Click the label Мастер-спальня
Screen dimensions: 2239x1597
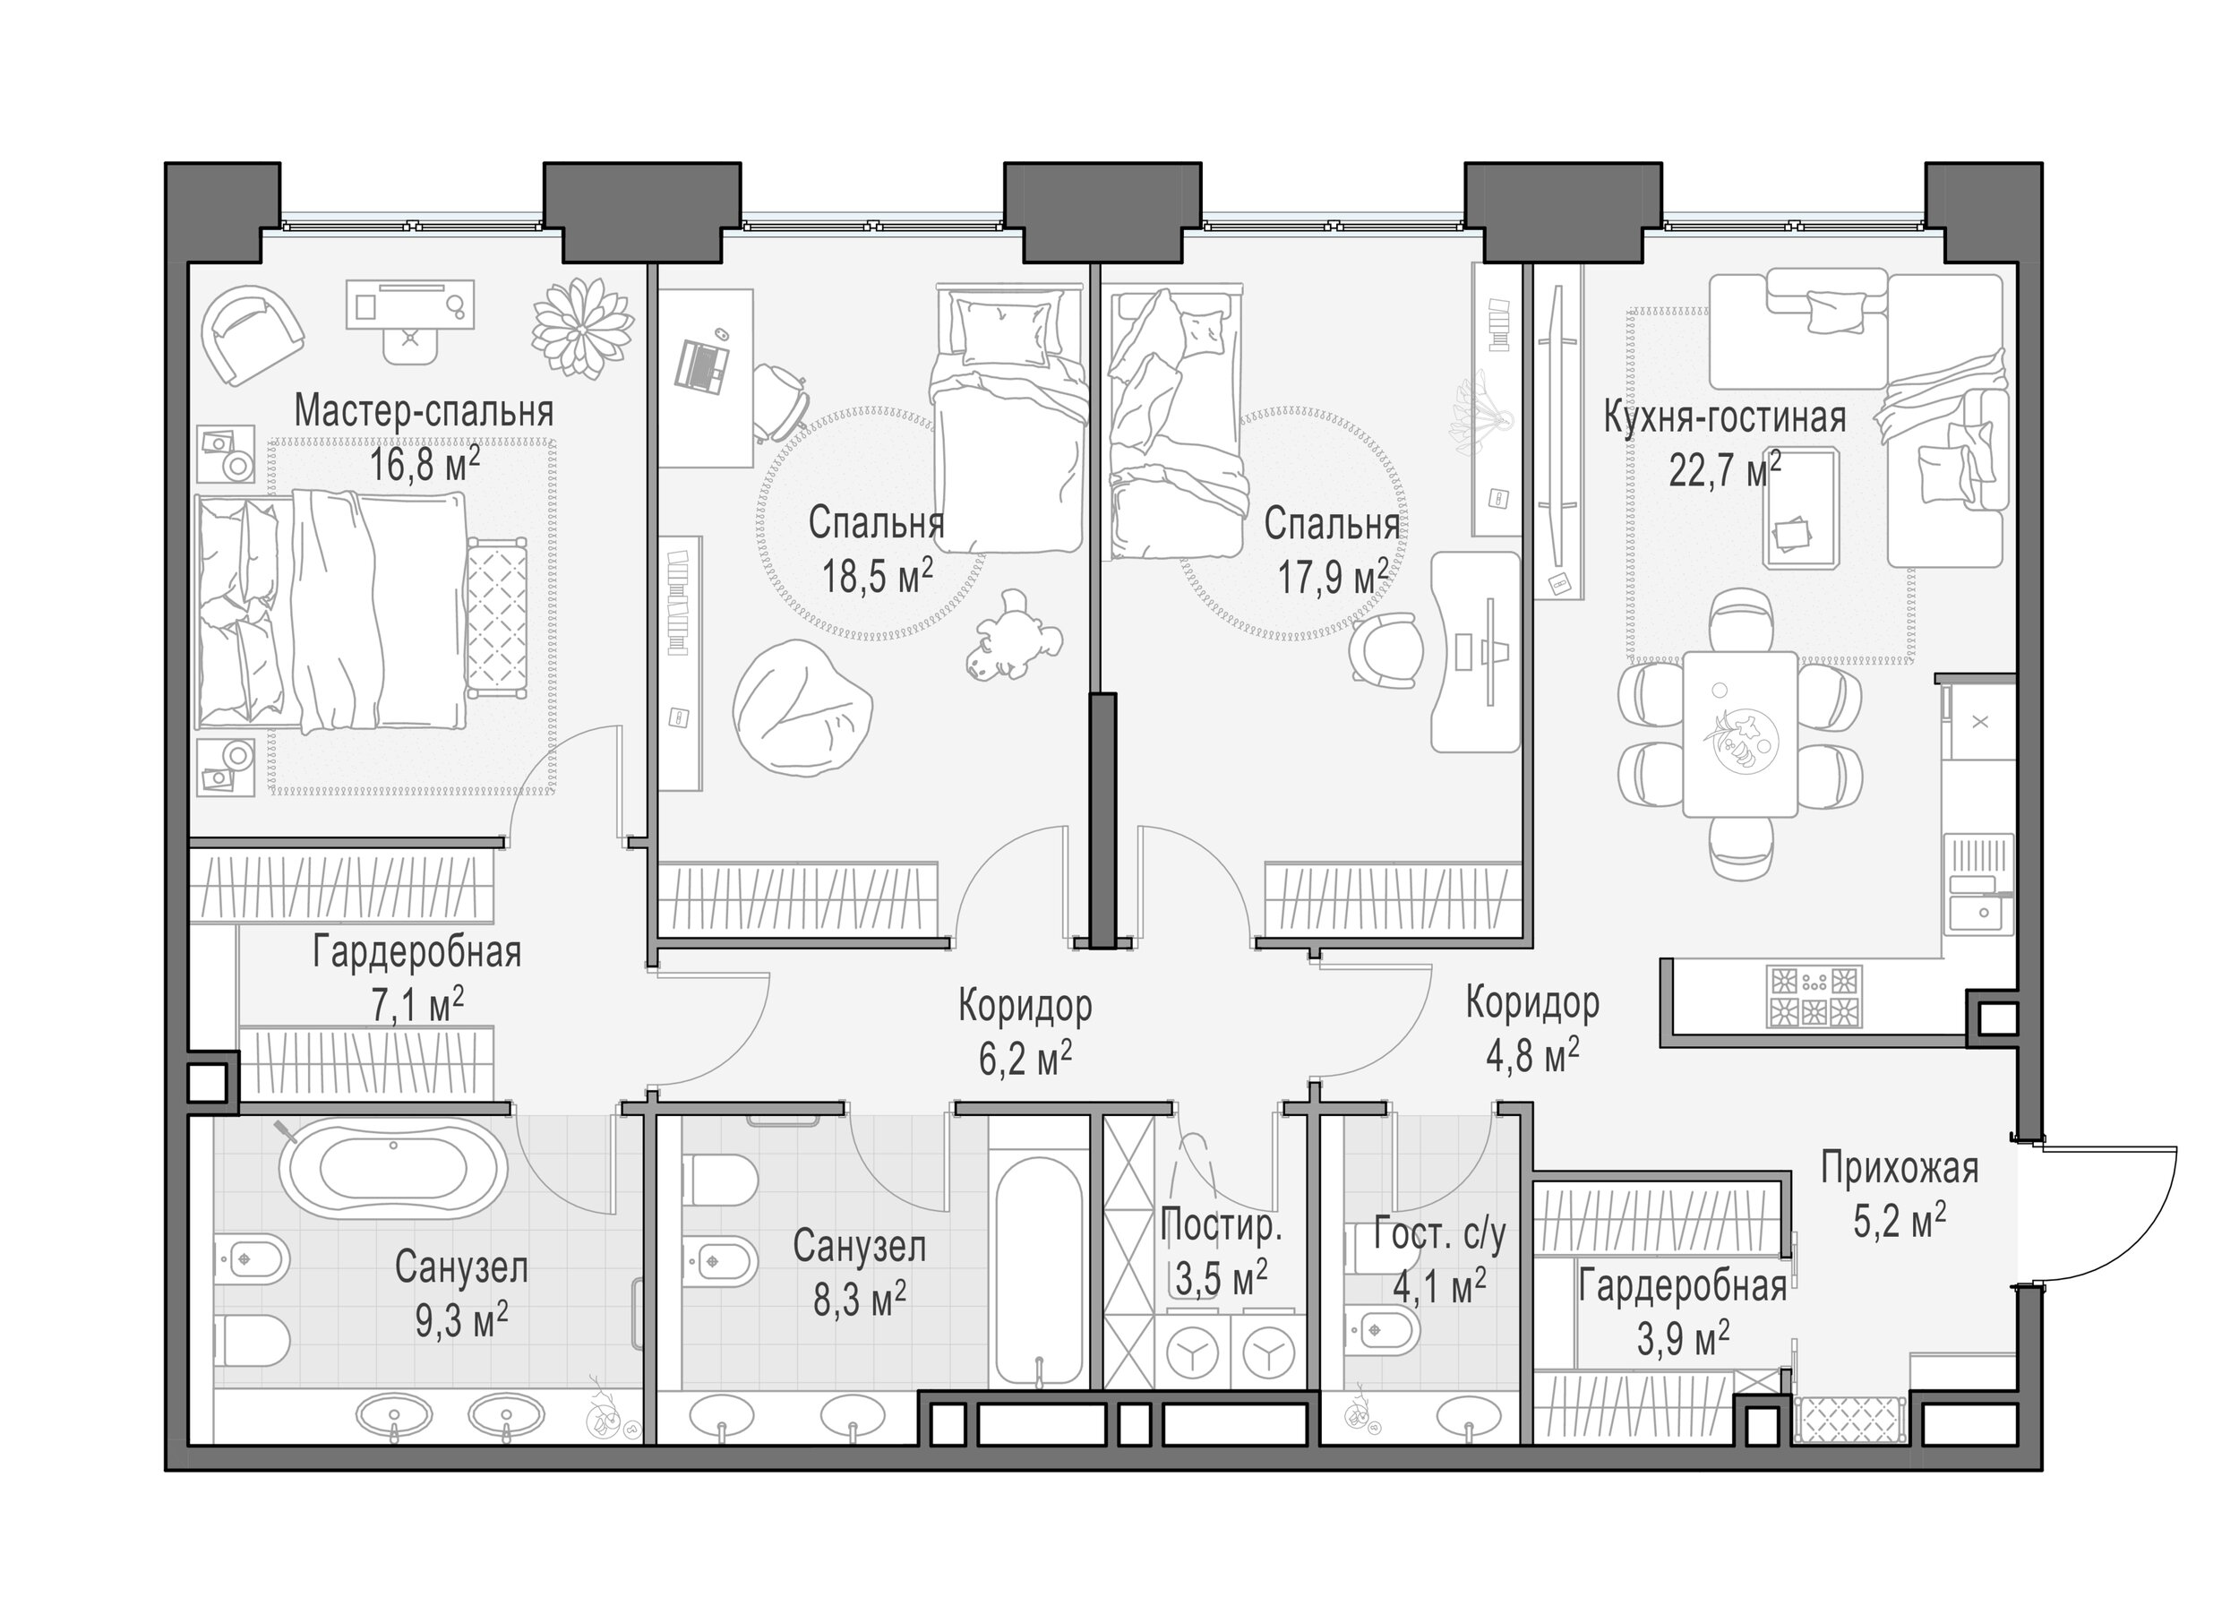click(424, 411)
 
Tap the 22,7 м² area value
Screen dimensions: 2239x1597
click(1725, 470)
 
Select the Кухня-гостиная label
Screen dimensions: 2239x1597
click(1725, 417)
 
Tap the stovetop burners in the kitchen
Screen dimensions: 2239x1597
click(1814, 997)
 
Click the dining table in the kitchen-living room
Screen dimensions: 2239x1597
click(1739, 734)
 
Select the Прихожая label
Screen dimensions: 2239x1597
click(1899, 1168)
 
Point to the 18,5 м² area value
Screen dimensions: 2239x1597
click(877, 576)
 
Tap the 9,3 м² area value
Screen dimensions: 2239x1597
click(461, 1320)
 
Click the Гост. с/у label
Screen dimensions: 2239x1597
click(1439, 1235)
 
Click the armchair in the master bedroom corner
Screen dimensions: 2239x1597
click(251, 335)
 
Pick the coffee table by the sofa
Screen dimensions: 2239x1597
click(1801, 508)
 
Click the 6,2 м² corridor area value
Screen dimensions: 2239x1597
click(1025, 1058)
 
